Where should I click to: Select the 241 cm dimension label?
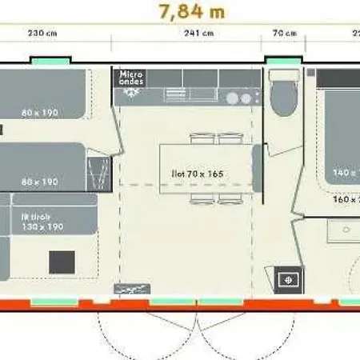pyautogui.click(x=199, y=34)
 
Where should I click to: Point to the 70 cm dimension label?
pyautogui.click(x=285, y=34)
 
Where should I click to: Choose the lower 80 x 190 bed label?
pyautogui.click(x=40, y=182)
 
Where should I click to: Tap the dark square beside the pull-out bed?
pyautogui.click(x=62, y=262)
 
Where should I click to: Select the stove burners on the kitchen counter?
pyautogui.click(x=238, y=98)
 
